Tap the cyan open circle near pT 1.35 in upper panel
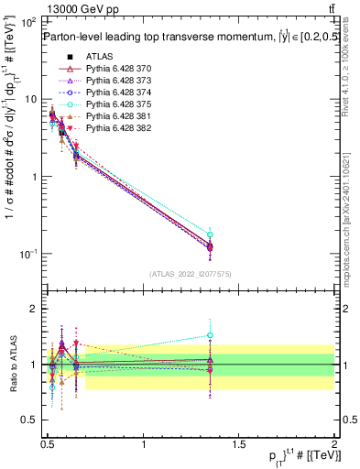pos(210,235)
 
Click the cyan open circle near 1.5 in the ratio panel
pos(210,335)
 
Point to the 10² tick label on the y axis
pos(27,23)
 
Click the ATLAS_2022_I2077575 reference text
pos(191,275)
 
